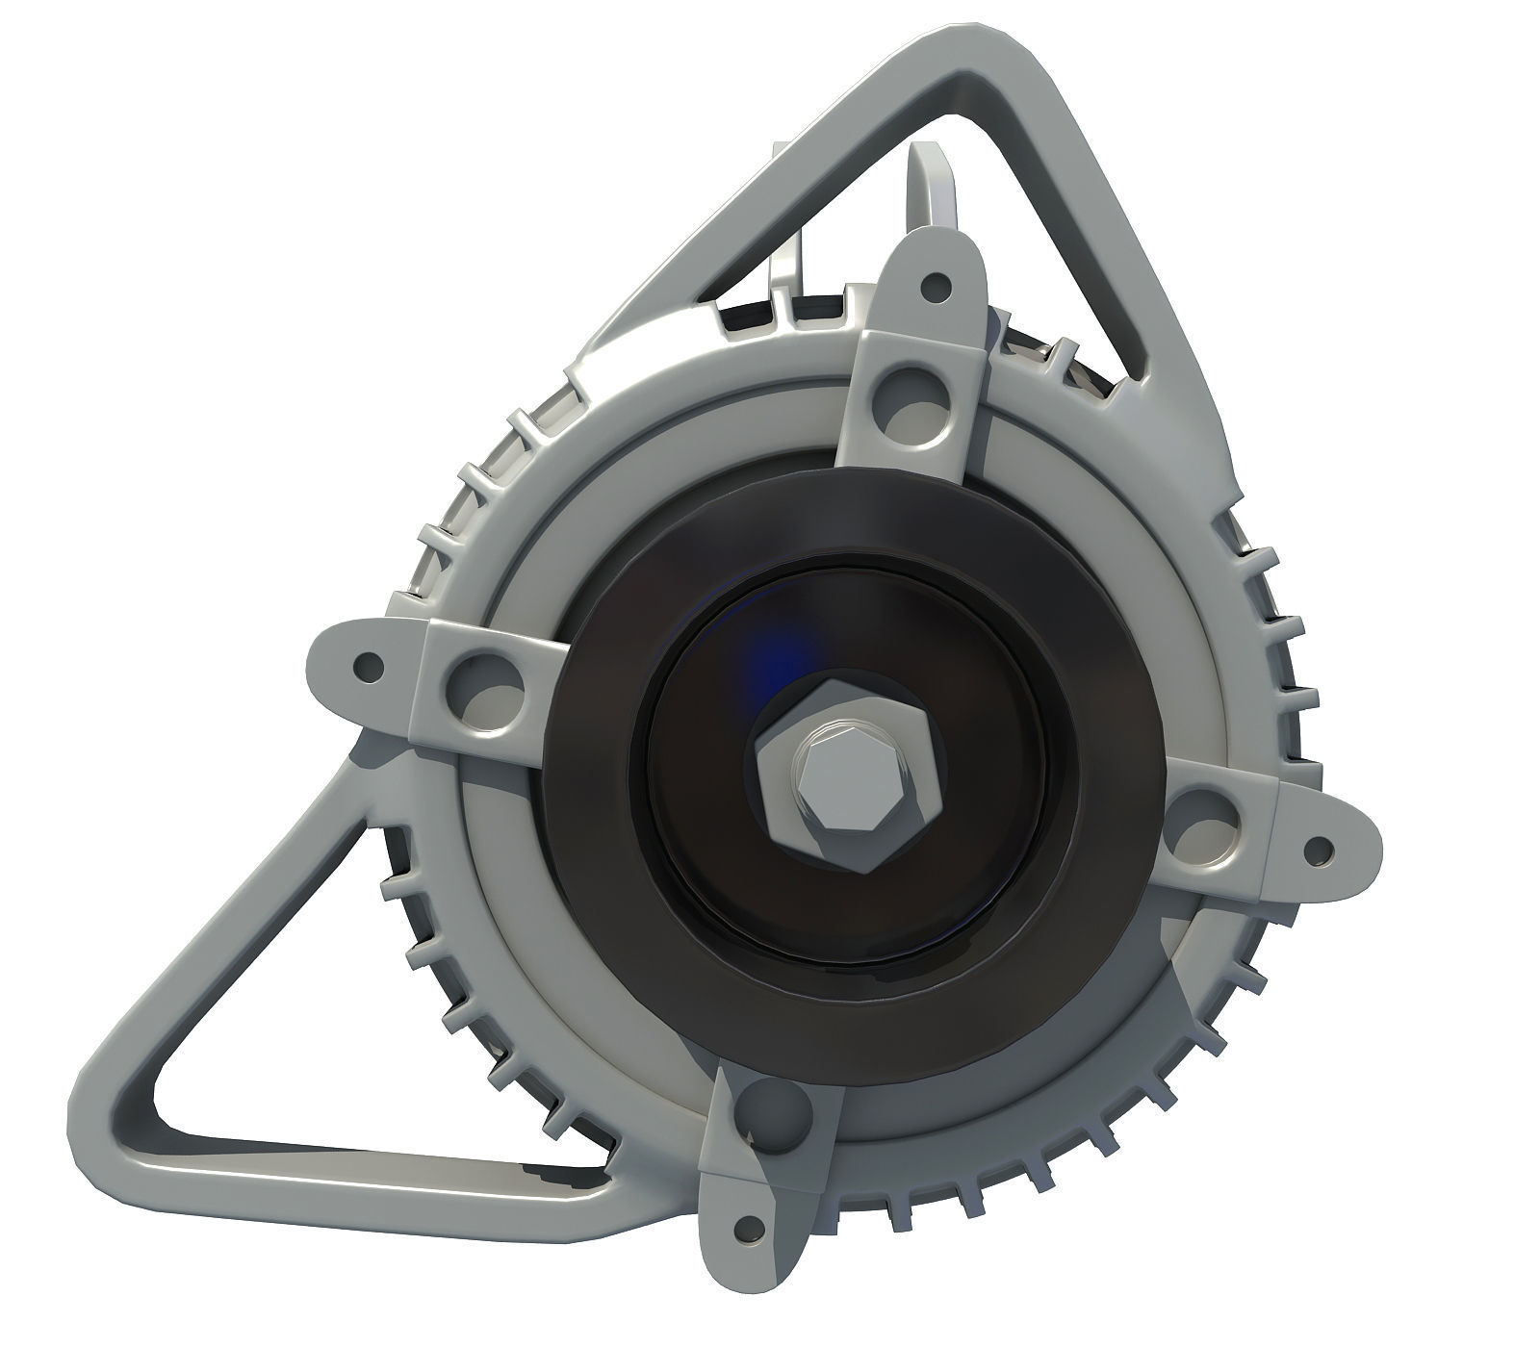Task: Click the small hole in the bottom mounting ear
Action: click(742, 1228)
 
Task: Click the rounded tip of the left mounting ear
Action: click(313, 664)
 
